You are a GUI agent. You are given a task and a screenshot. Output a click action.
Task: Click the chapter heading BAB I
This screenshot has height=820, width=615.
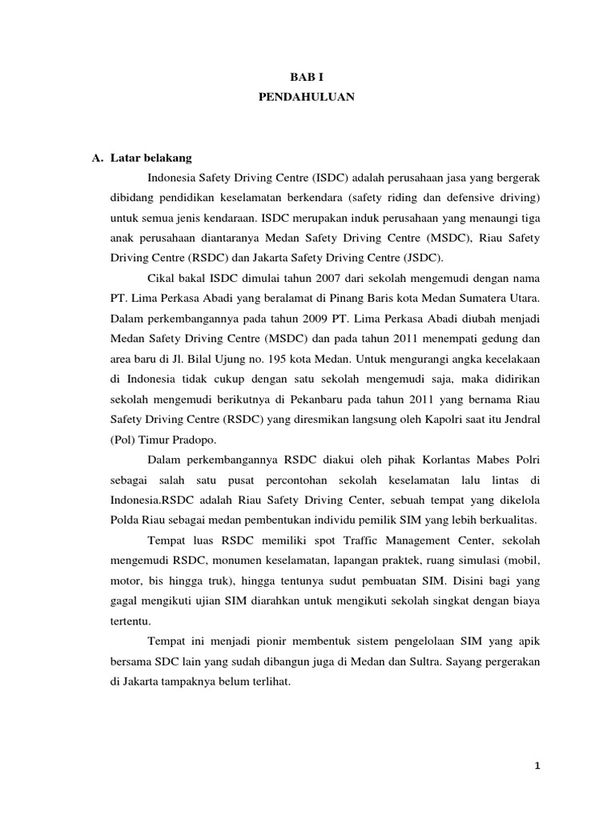(x=307, y=77)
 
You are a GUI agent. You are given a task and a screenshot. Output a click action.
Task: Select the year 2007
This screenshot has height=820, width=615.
(x=305, y=278)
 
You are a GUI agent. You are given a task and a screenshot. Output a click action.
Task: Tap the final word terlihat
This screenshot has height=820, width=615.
(x=271, y=685)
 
